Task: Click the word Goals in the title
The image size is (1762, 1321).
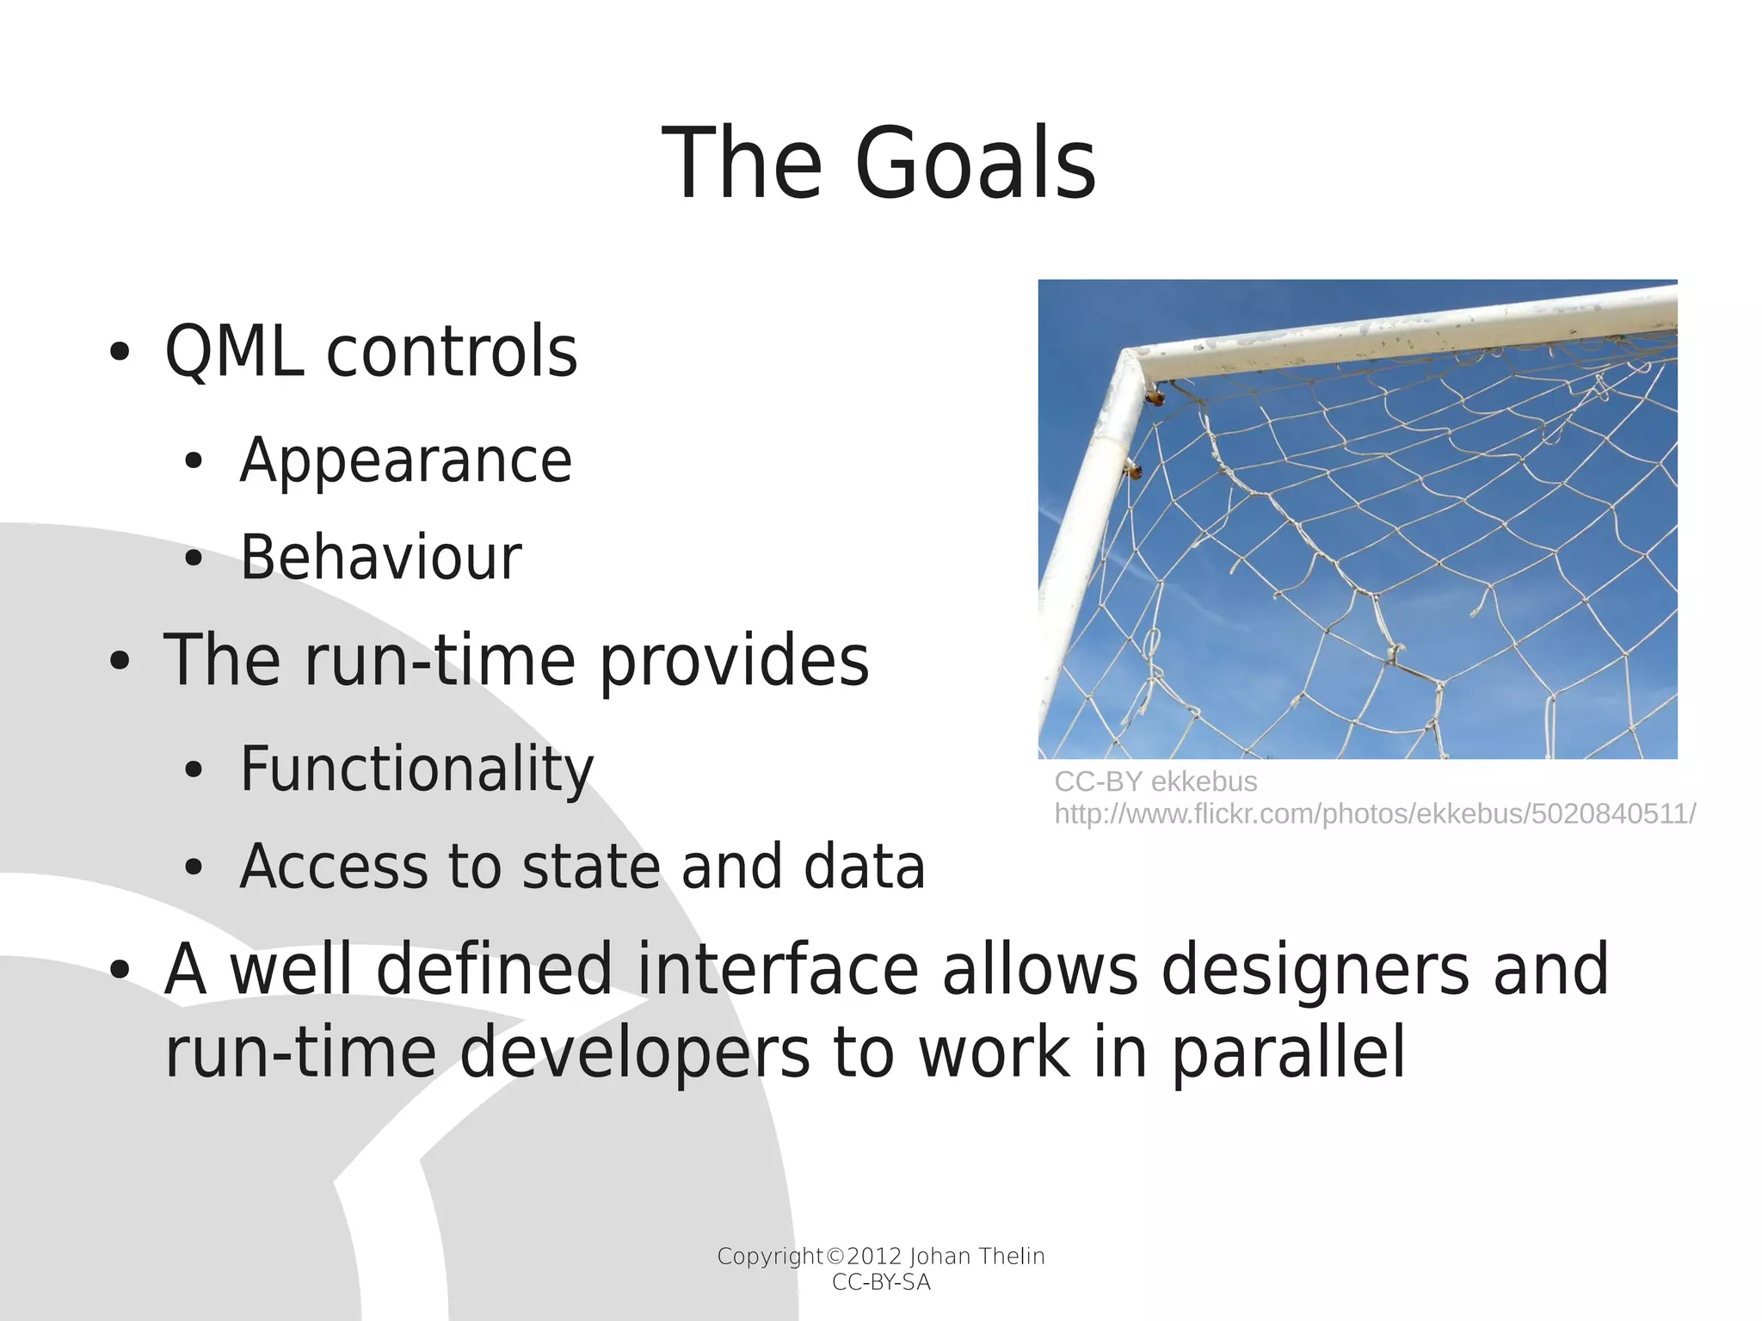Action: (x=975, y=164)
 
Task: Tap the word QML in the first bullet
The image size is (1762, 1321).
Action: (x=233, y=352)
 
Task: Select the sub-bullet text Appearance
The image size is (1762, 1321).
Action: (x=405, y=460)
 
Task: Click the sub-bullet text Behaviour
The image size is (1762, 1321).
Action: (x=380, y=558)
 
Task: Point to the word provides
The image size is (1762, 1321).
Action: (x=734, y=661)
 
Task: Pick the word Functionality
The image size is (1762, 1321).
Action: (x=416, y=769)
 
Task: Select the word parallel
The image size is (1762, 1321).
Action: (x=1288, y=1052)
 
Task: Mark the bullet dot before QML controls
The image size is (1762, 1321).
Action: (x=120, y=353)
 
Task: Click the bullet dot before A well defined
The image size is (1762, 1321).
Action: (x=120, y=971)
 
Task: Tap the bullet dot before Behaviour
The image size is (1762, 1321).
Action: (x=194, y=559)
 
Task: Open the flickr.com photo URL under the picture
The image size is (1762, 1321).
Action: (x=1374, y=813)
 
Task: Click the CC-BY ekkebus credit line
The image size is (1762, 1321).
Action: (x=1155, y=781)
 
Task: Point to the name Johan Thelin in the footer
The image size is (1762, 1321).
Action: (x=976, y=1256)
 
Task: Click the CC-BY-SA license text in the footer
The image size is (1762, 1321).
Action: (x=881, y=1282)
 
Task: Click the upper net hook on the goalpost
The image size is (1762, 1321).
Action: (x=1154, y=397)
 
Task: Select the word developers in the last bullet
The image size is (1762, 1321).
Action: (x=635, y=1052)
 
